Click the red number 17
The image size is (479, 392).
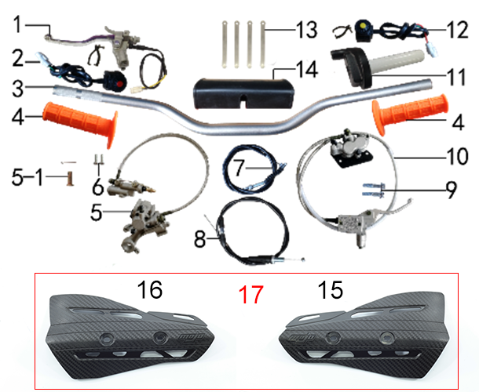point(250,294)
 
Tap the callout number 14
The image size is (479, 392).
point(307,70)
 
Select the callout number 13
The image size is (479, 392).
point(307,30)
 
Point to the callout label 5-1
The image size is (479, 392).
point(27,177)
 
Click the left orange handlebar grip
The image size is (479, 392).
point(81,124)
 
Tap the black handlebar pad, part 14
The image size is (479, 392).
point(243,93)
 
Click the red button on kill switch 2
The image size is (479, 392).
point(120,83)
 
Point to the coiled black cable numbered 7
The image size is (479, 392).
point(253,169)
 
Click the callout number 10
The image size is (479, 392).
point(457,156)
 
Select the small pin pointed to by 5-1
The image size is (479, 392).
point(70,179)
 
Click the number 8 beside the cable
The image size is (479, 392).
point(200,239)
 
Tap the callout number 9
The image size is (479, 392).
point(452,190)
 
